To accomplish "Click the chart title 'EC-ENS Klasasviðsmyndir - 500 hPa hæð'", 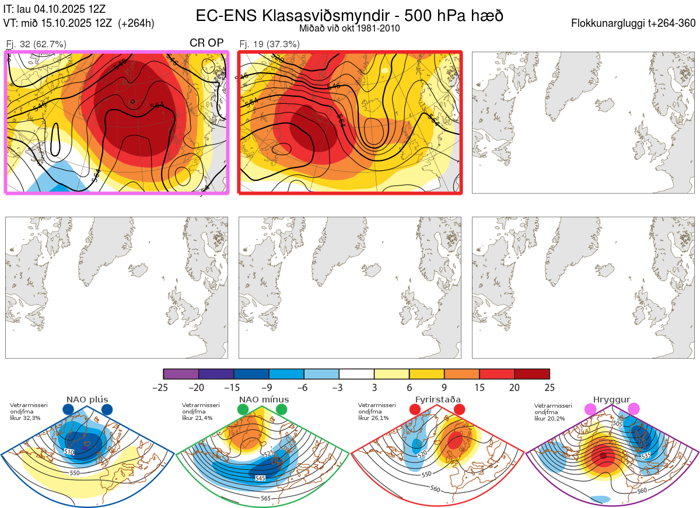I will (x=349, y=16).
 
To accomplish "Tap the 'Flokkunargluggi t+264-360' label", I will (x=635, y=23).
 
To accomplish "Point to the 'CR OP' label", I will (x=206, y=43).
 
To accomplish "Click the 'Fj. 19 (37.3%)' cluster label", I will (x=269, y=44).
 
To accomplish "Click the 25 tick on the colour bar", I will (x=549, y=387).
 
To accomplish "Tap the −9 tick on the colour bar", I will (x=269, y=387).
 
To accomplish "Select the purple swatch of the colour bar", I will (x=181, y=374).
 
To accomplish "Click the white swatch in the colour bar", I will (x=356, y=374).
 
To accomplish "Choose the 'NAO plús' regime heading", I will (x=87, y=400).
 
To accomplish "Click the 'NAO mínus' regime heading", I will (x=264, y=400).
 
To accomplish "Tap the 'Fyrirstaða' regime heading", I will (x=437, y=400).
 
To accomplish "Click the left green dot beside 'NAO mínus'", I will (x=243, y=410).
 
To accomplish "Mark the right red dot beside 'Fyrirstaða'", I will (x=459, y=410).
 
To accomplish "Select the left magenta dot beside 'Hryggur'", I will (x=590, y=410).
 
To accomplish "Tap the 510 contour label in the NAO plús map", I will (x=69, y=452).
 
